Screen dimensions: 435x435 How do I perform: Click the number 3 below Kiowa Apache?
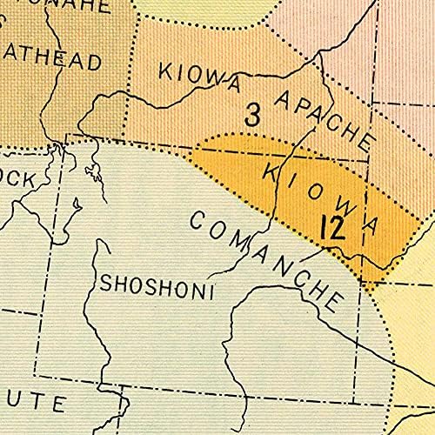[x=252, y=115]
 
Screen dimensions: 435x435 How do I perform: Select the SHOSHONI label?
[x=157, y=284]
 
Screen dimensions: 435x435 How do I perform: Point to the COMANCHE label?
[x=264, y=257]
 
